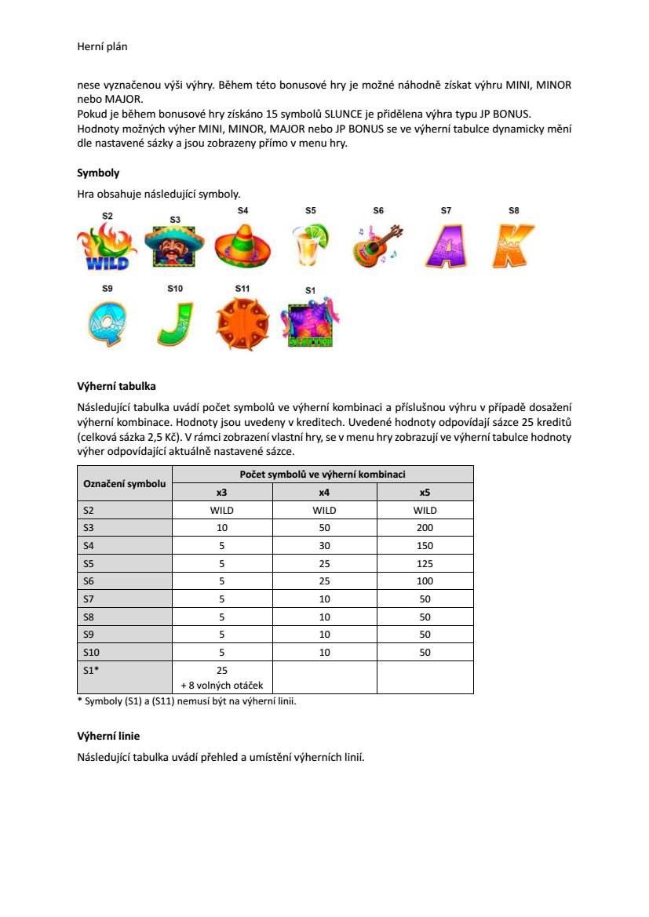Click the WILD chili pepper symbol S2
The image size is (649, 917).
107,246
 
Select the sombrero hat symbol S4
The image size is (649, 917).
242,246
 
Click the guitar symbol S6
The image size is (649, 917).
378,246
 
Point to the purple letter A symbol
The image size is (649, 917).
447,246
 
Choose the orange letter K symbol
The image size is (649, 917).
514,246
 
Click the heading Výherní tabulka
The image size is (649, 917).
116,386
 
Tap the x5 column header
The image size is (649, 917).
425,492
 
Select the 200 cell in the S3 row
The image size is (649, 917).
425,527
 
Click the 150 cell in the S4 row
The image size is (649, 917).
425,545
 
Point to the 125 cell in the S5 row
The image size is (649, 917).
425,562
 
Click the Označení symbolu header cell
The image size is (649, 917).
125,483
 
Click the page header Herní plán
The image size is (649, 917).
102,47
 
